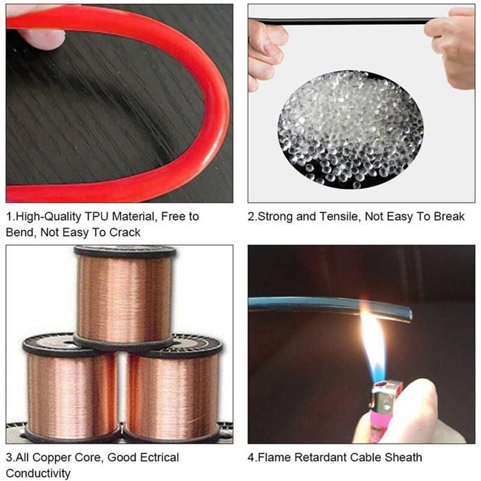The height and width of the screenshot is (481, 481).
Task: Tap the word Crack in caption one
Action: [125, 232]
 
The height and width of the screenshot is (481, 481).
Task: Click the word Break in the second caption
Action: [449, 216]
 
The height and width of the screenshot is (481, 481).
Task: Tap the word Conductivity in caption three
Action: [38, 473]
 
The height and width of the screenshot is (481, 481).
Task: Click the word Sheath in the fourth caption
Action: [403, 458]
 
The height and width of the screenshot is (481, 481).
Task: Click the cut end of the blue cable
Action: [408, 316]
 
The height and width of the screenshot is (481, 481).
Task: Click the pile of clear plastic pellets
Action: [350, 129]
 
